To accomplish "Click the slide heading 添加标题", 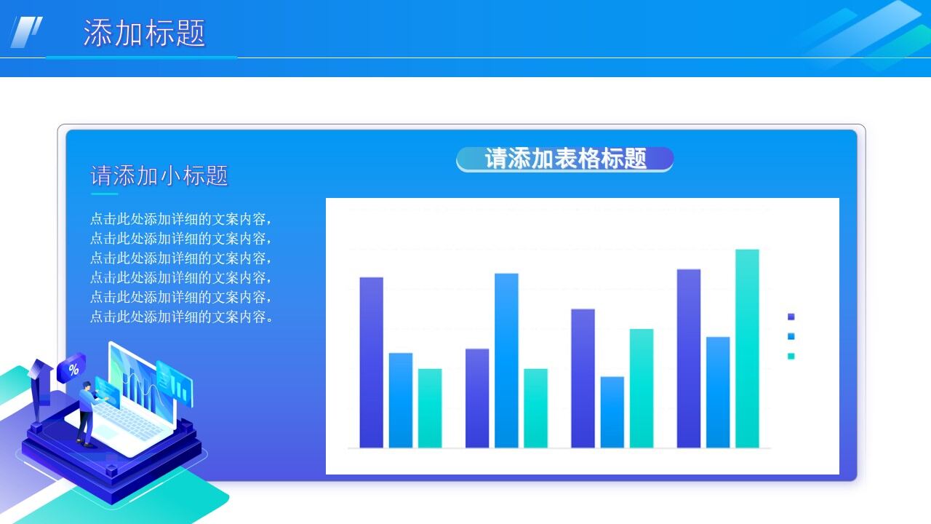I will pyautogui.click(x=144, y=33).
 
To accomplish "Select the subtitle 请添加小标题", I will pyautogui.click(x=159, y=175).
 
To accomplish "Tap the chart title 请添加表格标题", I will pyautogui.click(x=565, y=159).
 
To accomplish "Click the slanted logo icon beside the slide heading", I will pyautogui.click(x=26, y=32).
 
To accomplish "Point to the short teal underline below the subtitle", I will pyautogui.click(x=104, y=194).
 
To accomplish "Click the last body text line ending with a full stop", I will pyautogui.click(x=182, y=317).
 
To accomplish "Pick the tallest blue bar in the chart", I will pyautogui.click(x=506, y=360).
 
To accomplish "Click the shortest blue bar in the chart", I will pyautogui.click(x=612, y=412).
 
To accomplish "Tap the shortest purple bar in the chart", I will pyautogui.click(x=477, y=398).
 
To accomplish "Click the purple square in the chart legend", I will pyautogui.click(x=791, y=317).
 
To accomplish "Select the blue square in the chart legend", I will pyautogui.click(x=791, y=336).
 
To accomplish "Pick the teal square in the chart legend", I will pyautogui.click(x=791, y=356).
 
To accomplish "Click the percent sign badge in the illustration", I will pyautogui.click(x=73, y=368).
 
